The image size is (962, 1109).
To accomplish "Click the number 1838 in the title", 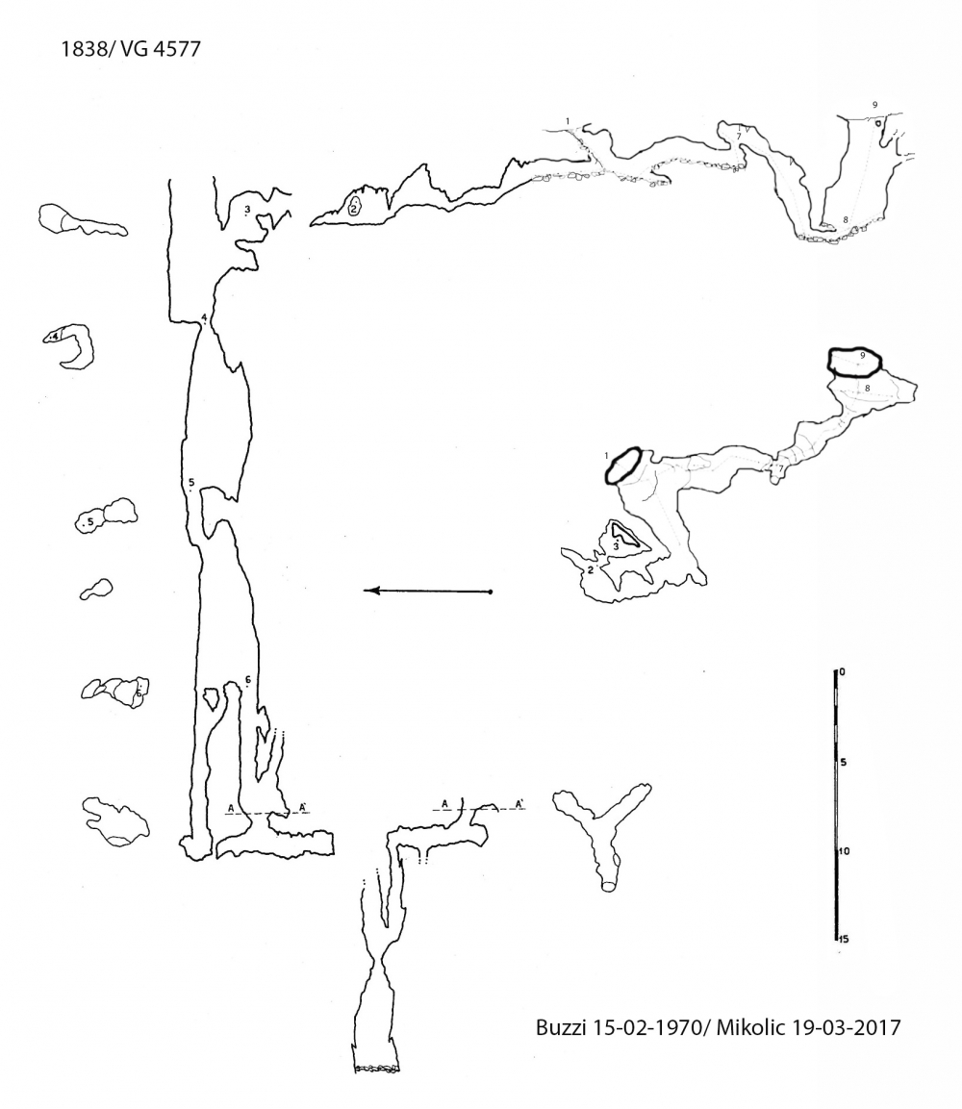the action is tap(81, 49).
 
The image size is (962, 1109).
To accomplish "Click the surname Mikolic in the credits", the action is tap(749, 1027).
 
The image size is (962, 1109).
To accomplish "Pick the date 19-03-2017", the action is tap(845, 1027).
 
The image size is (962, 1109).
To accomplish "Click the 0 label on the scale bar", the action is tap(841, 671).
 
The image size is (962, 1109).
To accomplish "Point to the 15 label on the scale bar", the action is tap(844, 939).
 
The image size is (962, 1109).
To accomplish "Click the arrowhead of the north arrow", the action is tap(370, 591).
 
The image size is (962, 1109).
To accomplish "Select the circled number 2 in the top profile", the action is tap(354, 207).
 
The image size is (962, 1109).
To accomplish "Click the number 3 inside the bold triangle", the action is tap(616, 545).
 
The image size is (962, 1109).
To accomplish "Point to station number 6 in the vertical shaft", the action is tap(247, 680).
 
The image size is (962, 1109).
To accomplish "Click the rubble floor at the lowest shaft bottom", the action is tap(376, 1068).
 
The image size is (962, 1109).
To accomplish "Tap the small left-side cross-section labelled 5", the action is tap(106, 515).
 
